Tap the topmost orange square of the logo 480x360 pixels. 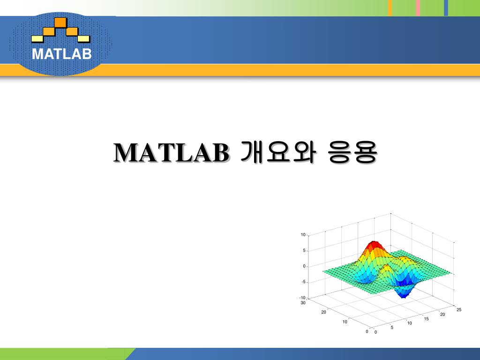tap(60, 22)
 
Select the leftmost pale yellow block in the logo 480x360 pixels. tap(37, 38)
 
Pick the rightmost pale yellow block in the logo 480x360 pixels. tap(83, 38)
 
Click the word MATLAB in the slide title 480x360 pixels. tap(171, 152)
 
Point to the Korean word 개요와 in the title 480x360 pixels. tap(277, 152)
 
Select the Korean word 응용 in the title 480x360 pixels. tap(352, 152)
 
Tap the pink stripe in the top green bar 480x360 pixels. tap(418, 8)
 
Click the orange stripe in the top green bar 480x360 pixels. tap(390, 8)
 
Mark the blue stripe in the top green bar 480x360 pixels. tap(446, 8)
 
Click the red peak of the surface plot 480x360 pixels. tap(374, 245)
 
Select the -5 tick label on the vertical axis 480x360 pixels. tap(303, 282)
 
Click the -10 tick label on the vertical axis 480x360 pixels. tap(302, 298)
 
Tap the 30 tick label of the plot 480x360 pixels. tap(303, 303)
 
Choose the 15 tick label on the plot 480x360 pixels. tap(426, 319)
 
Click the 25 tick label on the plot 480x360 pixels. tap(459, 309)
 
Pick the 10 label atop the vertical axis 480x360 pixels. tap(303, 235)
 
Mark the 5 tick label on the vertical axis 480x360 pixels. tap(304, 250)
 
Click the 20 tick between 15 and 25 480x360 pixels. tap(442, 315)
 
